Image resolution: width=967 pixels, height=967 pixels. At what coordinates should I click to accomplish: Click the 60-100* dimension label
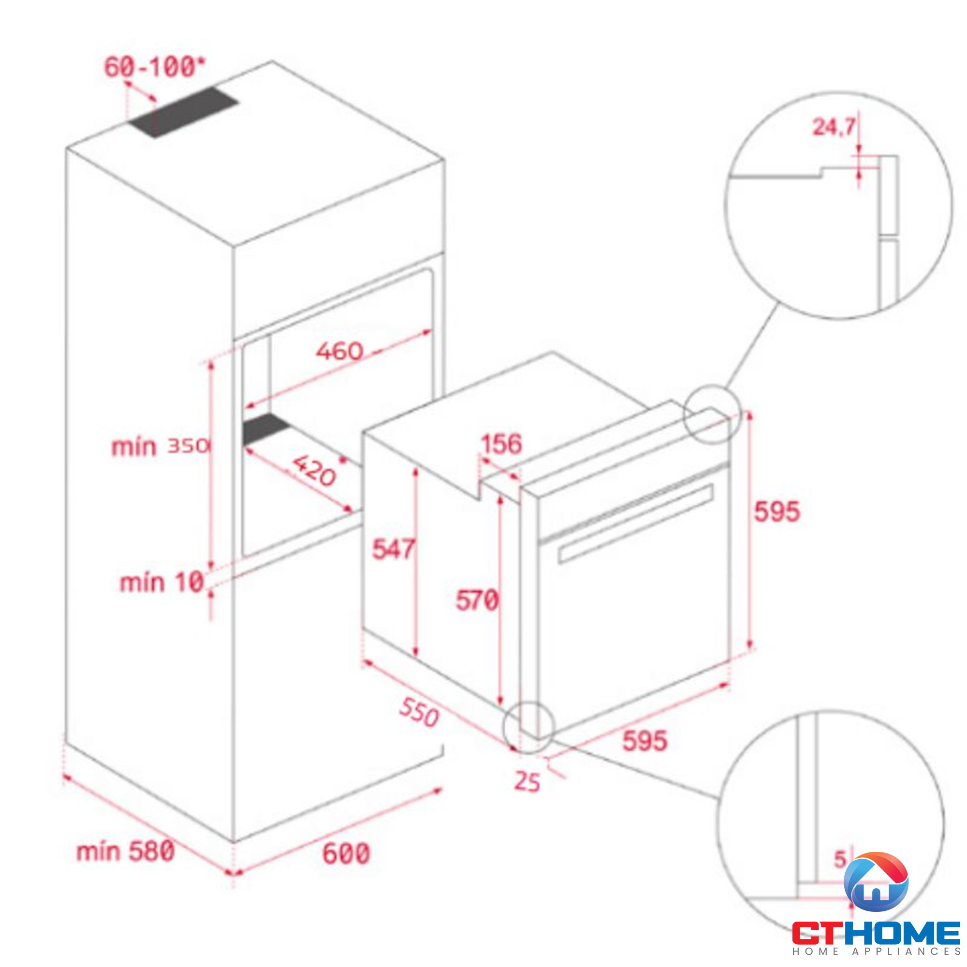coord(155,67)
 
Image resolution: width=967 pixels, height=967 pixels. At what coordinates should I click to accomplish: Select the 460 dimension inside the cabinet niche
coord(339,351)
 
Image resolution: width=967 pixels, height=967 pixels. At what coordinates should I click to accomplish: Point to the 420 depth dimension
coord(314,470)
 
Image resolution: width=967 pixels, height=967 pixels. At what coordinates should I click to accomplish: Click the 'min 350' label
coord(160,446)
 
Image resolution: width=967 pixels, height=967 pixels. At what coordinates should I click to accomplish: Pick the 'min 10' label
coord(161,583)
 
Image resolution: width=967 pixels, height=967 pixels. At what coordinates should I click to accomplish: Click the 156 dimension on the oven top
coord(501,444)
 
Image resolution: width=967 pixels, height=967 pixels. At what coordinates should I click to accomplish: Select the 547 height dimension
coord(393,549)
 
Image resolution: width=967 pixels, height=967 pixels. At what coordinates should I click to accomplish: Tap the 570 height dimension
coord(477,600)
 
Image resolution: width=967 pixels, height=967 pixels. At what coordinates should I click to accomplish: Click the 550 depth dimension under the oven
coord(419,712)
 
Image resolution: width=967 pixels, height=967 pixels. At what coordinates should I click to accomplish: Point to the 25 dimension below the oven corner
coord(527,782)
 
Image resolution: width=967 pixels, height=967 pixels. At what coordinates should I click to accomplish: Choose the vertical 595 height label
coord(777,512)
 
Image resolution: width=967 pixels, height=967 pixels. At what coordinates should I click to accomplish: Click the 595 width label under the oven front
coord(645,741)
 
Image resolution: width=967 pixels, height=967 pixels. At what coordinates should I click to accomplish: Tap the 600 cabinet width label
coord(346,853)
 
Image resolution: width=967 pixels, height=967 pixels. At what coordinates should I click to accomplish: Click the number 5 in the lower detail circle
coord(840,859)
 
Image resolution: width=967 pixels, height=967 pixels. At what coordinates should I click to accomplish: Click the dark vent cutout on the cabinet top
coord(183,113)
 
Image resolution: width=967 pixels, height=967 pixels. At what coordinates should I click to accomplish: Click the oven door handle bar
coord(635,524)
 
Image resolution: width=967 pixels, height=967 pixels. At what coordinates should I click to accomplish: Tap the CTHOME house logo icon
coord(876,882)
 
